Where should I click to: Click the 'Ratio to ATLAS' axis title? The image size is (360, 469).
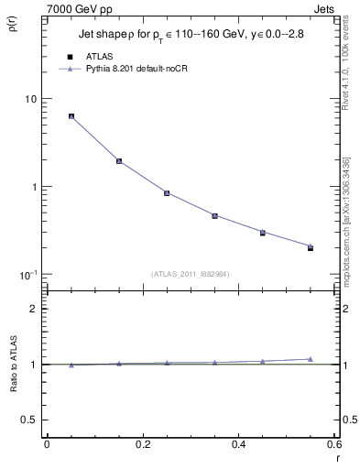pyautogui.click(x=13, y=364)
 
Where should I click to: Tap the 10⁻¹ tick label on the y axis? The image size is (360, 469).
pyautogui.click(x=27, y=274)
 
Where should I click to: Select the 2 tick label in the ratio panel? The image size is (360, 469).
pyautogui.click(x=33, y=310)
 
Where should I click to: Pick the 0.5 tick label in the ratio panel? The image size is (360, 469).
pyautogui.click(x=28, y=420)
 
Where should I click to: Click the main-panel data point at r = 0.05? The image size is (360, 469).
pyautogui.click(x=71, y=116)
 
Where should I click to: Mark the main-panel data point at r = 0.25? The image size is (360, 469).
pyautogui.click(x=167, y=193)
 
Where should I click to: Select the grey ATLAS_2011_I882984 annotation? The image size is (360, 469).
pyautogui.click(x=191, y=274)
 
